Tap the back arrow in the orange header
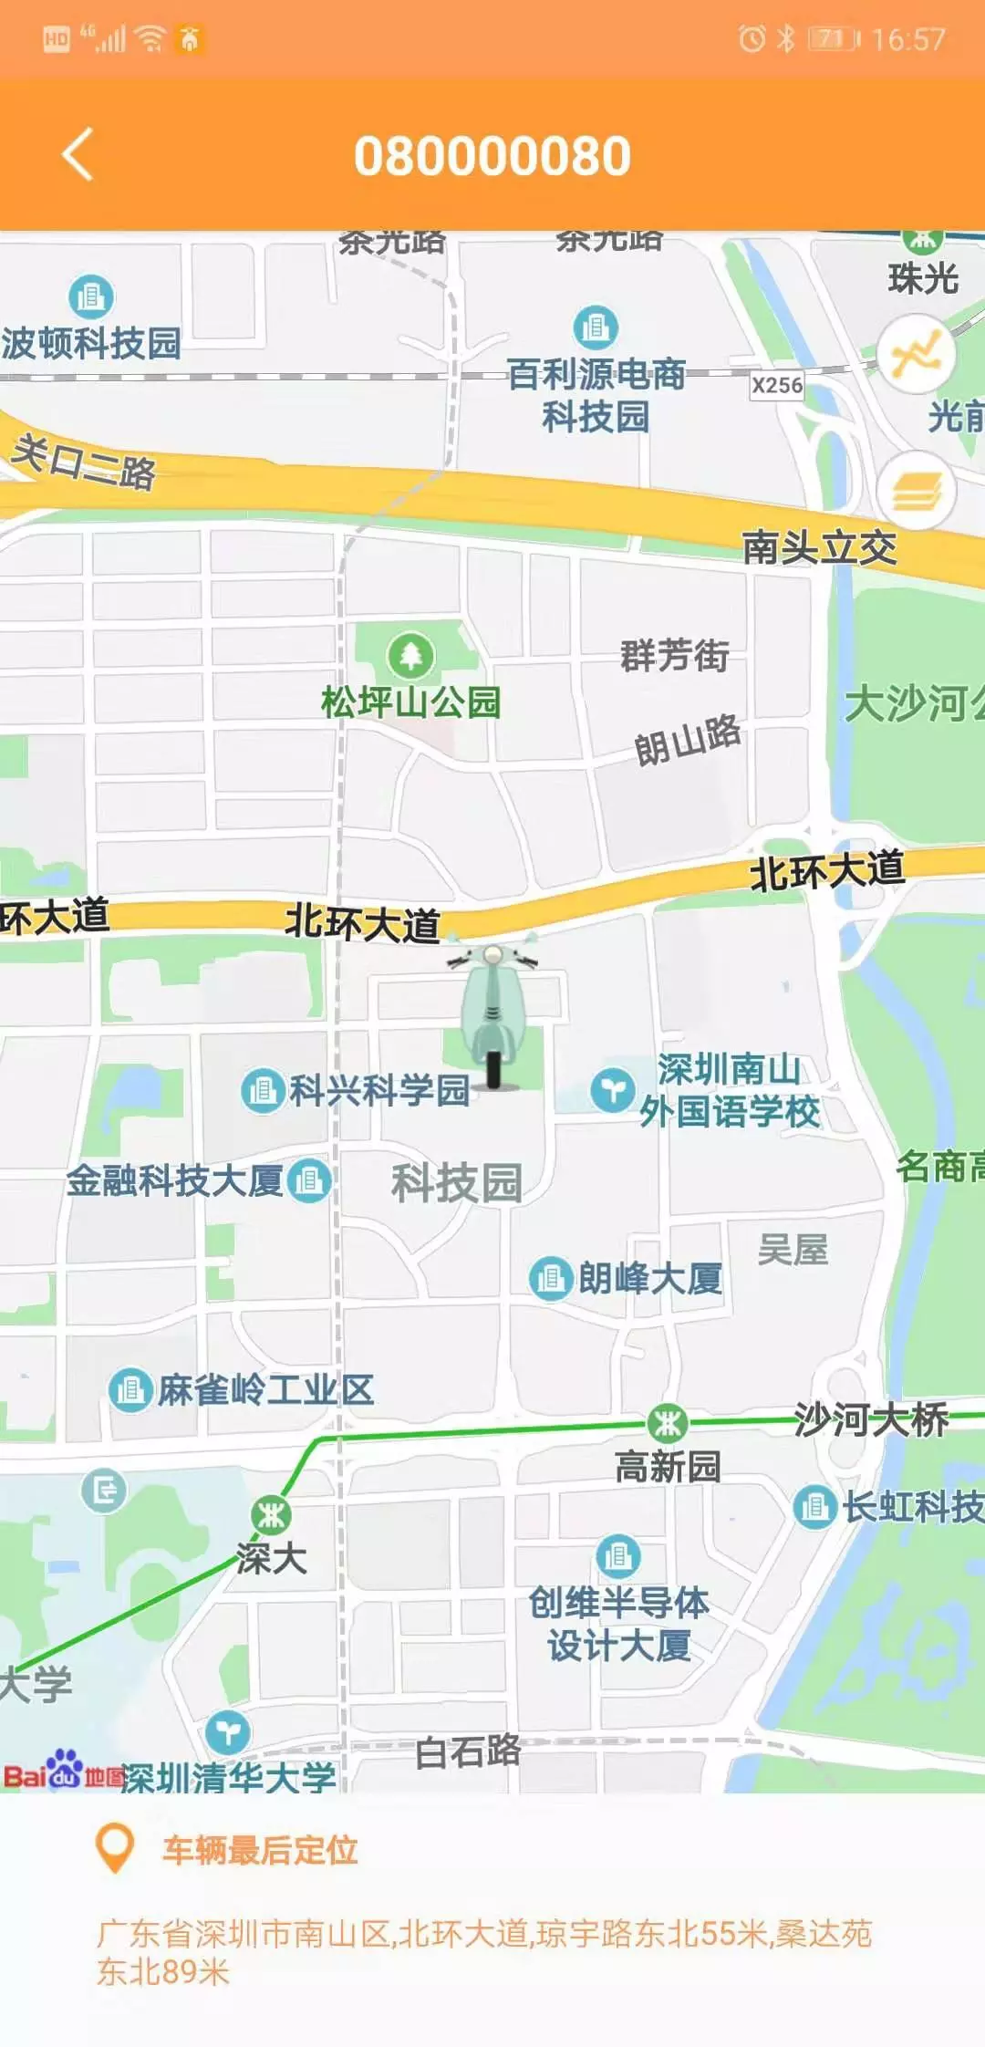click(78, 154)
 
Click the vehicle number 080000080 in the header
click(493, 156)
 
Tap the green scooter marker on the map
click(493, 1016)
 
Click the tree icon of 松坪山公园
click(410, 655)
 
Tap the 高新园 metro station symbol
click(668, 1422)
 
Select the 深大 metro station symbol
click(271, 1515)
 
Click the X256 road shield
click(777, 386)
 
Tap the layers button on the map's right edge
click(916, 492)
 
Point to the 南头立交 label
click(819, 547)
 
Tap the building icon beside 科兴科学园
click(263, 1090)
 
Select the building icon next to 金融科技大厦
click(309, 1180)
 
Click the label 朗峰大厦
click(650, 1278)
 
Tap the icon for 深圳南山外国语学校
click(612, 1090)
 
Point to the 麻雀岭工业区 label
click(265, 1390)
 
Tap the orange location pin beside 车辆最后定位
click(115, 1849)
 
